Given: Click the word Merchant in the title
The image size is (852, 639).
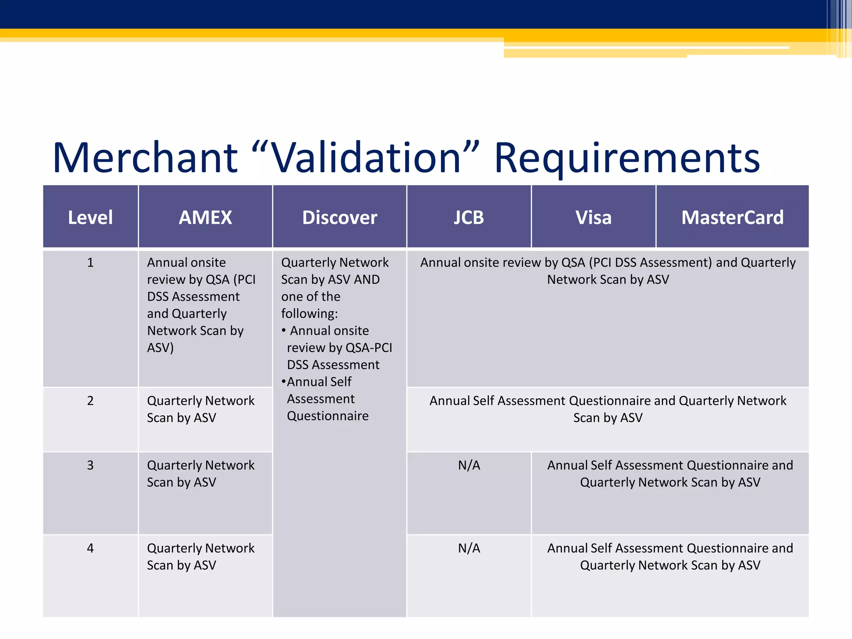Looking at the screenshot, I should tap(145, 158).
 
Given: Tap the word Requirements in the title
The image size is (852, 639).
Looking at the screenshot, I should tap(627, 158).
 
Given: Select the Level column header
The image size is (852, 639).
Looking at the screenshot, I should tap(90, 218).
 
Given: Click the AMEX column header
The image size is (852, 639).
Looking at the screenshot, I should tap(205, 218).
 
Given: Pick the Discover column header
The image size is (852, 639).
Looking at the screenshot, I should tap(339, 218).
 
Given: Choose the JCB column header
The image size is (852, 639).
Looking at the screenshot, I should tap(469, 218).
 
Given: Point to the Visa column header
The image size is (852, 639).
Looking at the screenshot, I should tap(594, 218).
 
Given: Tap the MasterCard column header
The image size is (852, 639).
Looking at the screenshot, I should tap(732, 218).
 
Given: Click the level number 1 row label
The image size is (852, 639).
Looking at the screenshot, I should tap(90, 263).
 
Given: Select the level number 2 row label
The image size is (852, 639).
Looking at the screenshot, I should tap(90, 401).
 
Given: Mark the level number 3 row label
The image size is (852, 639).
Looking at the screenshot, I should tap(90, 465).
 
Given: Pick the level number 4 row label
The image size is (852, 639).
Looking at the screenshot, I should tap(90, 548).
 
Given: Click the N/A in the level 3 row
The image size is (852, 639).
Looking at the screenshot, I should tap(469, 465).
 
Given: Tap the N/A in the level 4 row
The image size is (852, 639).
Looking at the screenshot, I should tap(469, 548).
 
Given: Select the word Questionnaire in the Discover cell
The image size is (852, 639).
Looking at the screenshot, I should tap(328, 416).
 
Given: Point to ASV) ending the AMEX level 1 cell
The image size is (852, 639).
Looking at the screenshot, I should tap(160, 348).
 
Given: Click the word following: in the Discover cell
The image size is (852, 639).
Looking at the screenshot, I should tap(310, 314).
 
